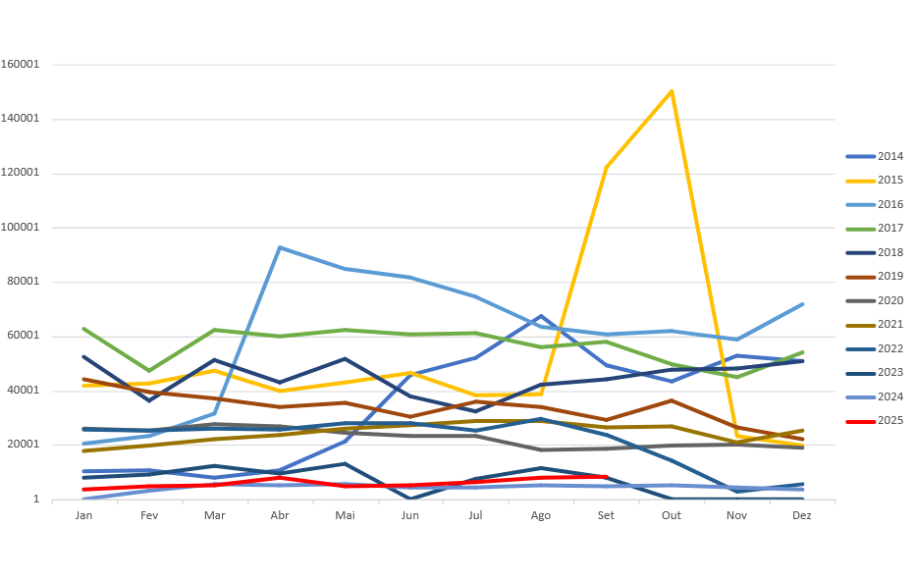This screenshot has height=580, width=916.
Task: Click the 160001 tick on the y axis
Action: point(21,65)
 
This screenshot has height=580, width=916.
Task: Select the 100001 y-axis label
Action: point(21,228)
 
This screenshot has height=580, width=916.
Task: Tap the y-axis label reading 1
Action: point(36,500)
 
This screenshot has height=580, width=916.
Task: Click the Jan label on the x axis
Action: point(84,515)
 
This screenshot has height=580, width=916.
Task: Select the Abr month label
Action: point(280,515)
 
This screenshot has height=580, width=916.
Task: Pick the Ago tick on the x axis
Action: point(541,515)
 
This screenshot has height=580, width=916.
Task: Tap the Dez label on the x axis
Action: point(802,515)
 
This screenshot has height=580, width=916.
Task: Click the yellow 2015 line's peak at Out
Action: point(672,91)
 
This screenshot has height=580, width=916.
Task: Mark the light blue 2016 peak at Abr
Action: point(280,247)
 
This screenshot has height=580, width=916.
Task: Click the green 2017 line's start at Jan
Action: point(84,329)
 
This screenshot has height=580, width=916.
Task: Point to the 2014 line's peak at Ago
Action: point(541,316)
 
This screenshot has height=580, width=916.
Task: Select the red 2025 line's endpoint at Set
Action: point(607,477)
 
